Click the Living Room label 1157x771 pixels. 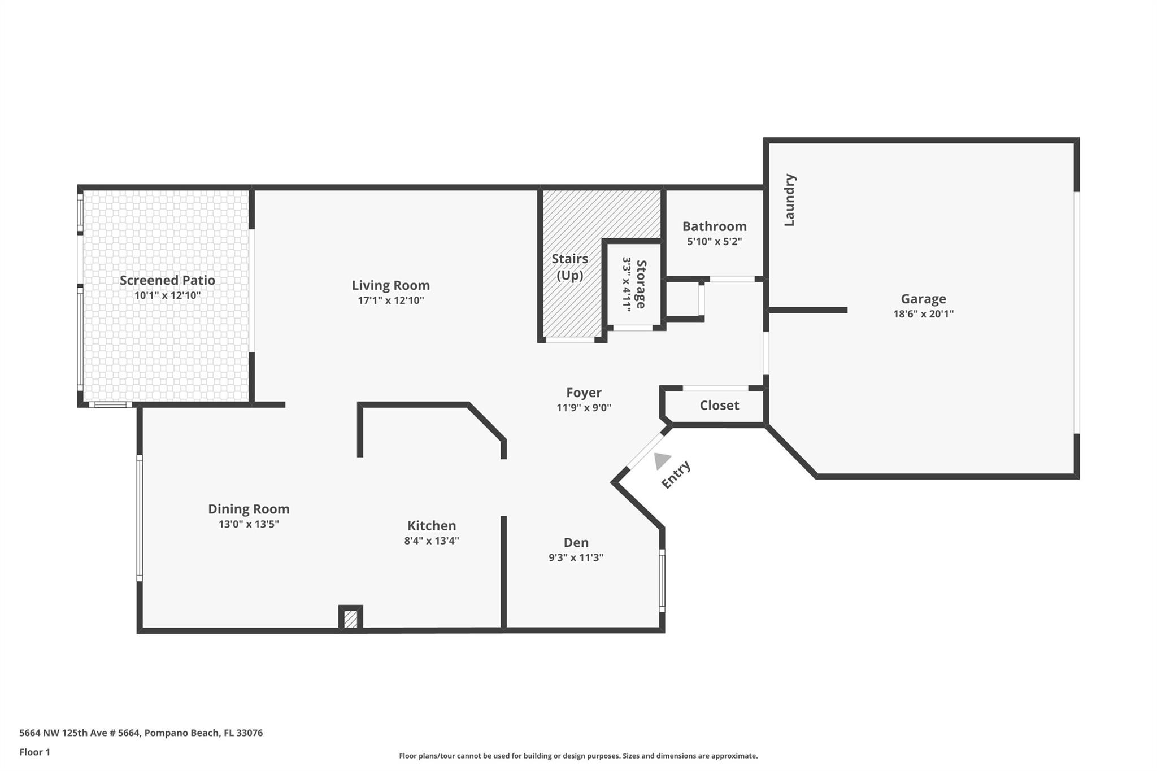pos(391,285)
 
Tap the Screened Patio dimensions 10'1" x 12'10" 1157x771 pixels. pos(167,295)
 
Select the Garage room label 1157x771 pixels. pos(923,299)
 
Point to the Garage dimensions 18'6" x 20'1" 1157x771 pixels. pos(923,314)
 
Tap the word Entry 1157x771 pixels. pos(676,474)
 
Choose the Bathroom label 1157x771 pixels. pos(714,226)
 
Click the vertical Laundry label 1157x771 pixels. pos(789,200)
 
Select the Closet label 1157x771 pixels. pos(719,405)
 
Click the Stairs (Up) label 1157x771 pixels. pos(569,267)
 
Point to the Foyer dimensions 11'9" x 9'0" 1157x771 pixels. pos(584,407)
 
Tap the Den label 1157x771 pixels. pos(576,543)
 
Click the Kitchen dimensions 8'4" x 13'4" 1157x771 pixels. pos(431,541)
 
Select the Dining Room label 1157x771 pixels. pos(249,509)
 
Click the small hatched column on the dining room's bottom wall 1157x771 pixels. pos(351,618)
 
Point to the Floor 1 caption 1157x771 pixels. pos(34,752)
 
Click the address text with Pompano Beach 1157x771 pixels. pos(141,733)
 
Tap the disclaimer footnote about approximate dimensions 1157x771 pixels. pos(578,756)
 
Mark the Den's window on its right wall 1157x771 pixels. pos(662,581)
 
